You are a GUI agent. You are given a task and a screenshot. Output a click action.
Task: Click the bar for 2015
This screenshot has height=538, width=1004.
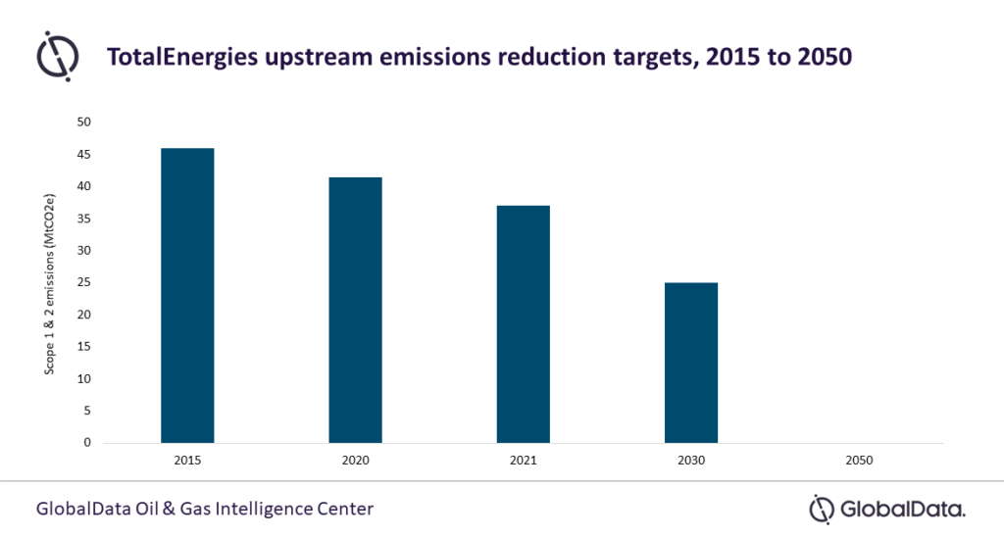pos(187,295)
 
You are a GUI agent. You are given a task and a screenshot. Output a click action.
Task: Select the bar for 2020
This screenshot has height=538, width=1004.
pos(355,310)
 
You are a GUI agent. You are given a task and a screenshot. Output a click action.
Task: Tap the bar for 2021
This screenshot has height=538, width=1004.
pos(523,323)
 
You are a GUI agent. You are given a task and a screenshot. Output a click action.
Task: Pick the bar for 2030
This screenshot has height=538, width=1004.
pos(691,362)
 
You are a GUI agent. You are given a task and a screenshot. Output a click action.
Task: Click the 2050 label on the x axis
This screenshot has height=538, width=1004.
pos(859,459)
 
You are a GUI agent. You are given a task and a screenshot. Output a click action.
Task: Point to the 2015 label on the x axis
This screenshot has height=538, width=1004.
pos(187,459)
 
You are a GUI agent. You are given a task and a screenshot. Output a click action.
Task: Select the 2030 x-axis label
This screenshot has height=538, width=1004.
pos(691,459)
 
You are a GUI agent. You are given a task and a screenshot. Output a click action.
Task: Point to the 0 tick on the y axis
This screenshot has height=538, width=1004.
pos(87,443)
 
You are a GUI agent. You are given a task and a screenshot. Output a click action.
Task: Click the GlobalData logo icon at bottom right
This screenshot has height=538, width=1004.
pos(822,509)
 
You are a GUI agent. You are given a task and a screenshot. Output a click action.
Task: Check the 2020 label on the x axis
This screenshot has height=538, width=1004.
pos(355,459)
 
